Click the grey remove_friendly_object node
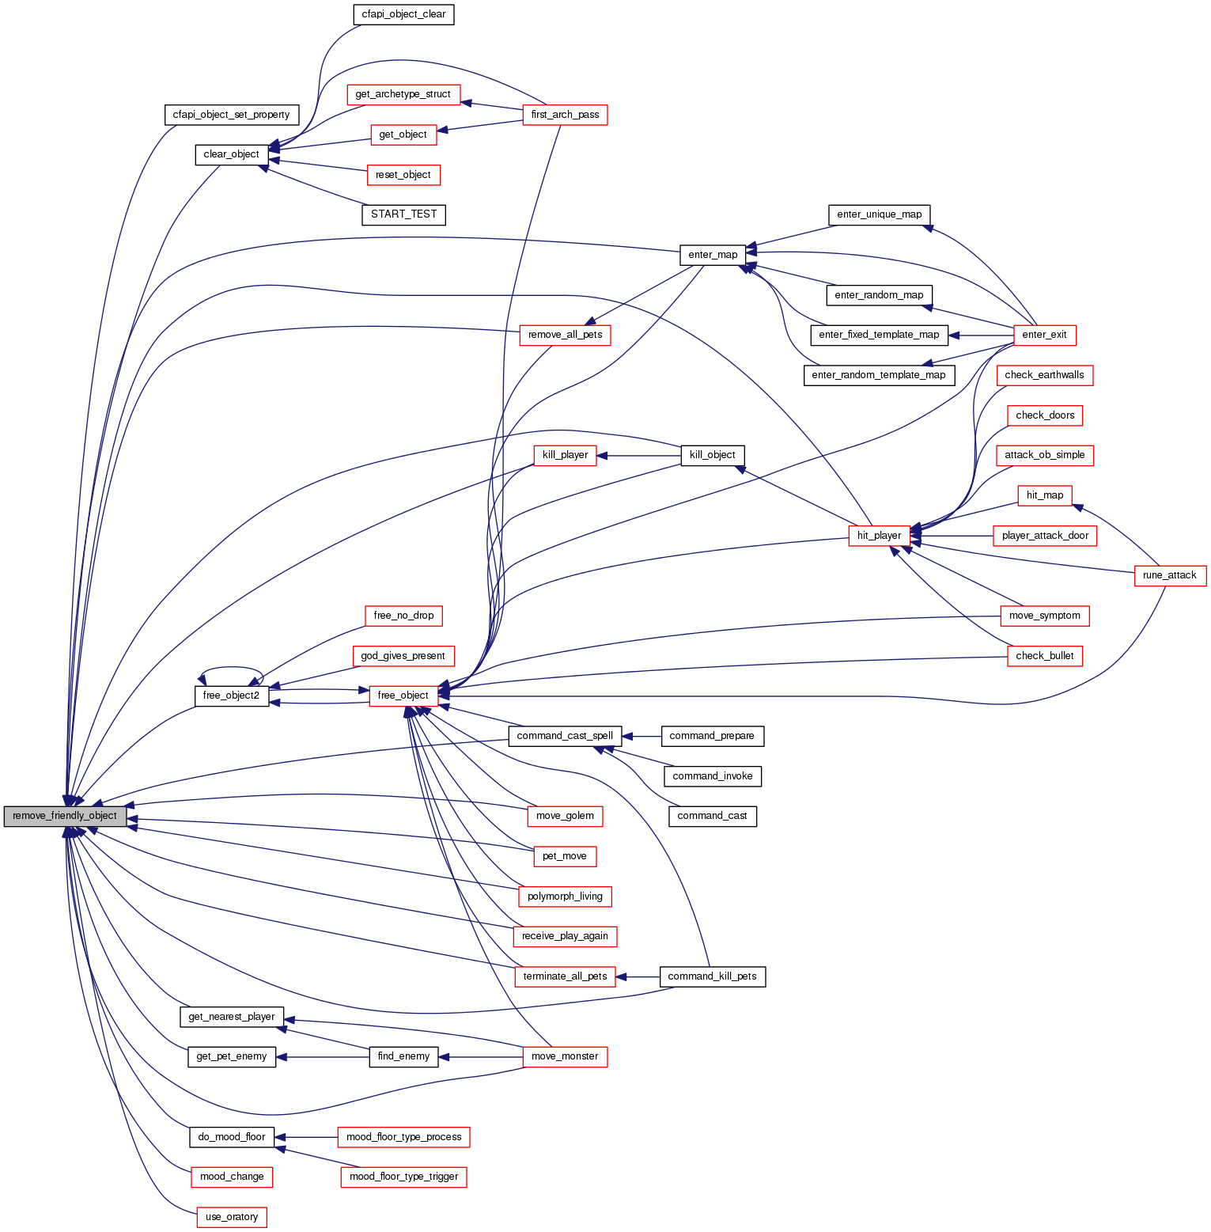coord(65,816)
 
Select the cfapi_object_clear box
coord(403,14)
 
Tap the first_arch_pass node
coord(565,115)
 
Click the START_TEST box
coord(403,214)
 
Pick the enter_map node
coord(713,255)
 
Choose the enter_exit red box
coord(1044,335)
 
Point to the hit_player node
coord(879,536)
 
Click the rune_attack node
coord(1169,575)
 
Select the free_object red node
coord(403,696)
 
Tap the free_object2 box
coord(231,696)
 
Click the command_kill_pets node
coord(712,976)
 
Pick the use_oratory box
coord(231,1217)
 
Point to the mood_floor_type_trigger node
coord(403,1177)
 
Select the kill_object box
coord(712,455)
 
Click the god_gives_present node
coord(403,656)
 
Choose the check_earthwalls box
coord(1044,375)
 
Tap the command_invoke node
coord(712,776)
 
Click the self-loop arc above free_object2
coord(231,669)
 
